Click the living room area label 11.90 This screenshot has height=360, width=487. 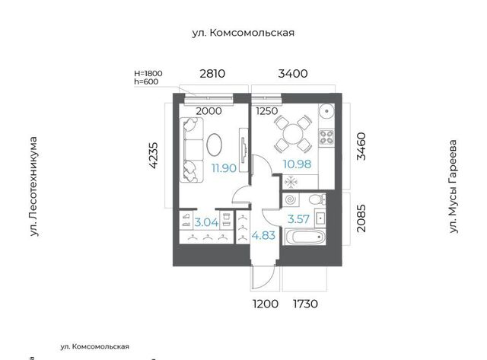[x=224, y=168]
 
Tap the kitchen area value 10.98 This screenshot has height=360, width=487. [x=297, y=164]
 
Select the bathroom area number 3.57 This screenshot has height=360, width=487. [x=298, y=219]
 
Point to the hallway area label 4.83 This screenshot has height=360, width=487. [x=263, y=235]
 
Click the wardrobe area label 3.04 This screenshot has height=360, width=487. [x=206, y=222]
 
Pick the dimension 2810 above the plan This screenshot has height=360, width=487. [x=212, y=74]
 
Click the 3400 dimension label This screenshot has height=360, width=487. [x=293, y=74]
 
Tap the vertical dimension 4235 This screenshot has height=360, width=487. [x=154, y=155]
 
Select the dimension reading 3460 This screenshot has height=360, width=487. [x=361, y=146]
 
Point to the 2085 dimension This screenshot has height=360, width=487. [x=361, y=218]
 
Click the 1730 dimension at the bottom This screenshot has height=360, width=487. [x=306, y=304]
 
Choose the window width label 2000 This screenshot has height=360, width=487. [x=208, y=111]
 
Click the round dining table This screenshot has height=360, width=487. [x=293, y=134]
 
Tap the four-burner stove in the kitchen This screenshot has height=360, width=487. [x=326, y=137]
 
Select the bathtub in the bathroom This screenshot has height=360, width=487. [x=305, y=237]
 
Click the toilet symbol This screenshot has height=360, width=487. [x=317, y=199]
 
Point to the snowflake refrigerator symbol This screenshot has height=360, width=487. [x=291, y=183]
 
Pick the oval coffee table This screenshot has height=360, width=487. [x=215, y=145]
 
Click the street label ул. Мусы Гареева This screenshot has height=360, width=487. [x=454, y=186]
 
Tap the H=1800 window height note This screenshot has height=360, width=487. [x=148, y=73]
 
